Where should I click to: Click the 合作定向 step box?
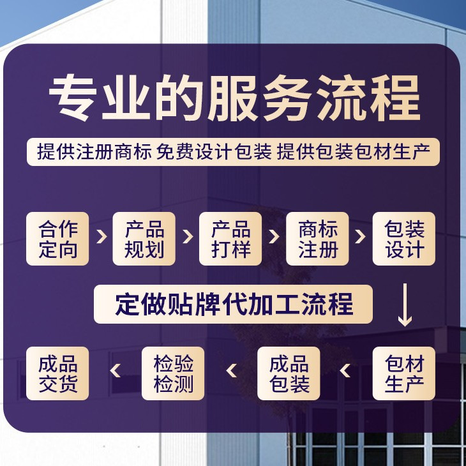click(x=57, y=239)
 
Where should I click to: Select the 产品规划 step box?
click(x=144, y=239)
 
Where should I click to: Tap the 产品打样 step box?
click(x=230, y=239)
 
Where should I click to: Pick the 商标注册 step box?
click(x=317, y=239)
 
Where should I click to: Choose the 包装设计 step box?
click(x=403, y=239)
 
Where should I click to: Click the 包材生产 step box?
click(x=403, y=373)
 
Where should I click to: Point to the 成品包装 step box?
click(x=289, y=373)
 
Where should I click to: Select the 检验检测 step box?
click(x=172, y=373)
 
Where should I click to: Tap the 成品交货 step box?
click(x=57, y=373)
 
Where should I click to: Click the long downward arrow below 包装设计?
click(x=405, y=305)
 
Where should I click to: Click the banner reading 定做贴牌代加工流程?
click(x=233, y=304)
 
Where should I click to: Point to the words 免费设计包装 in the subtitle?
click(x=214, y=151)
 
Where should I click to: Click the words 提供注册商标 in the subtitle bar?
click(x=94, y=151)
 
